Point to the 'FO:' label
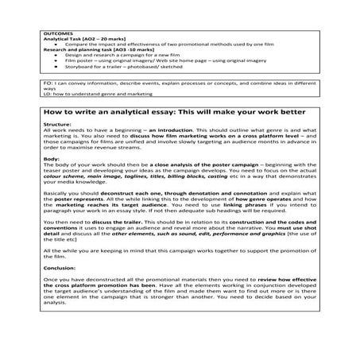pyautogui.click(x=48, y=82)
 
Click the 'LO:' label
pyautogui.click(x=48, y=94)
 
